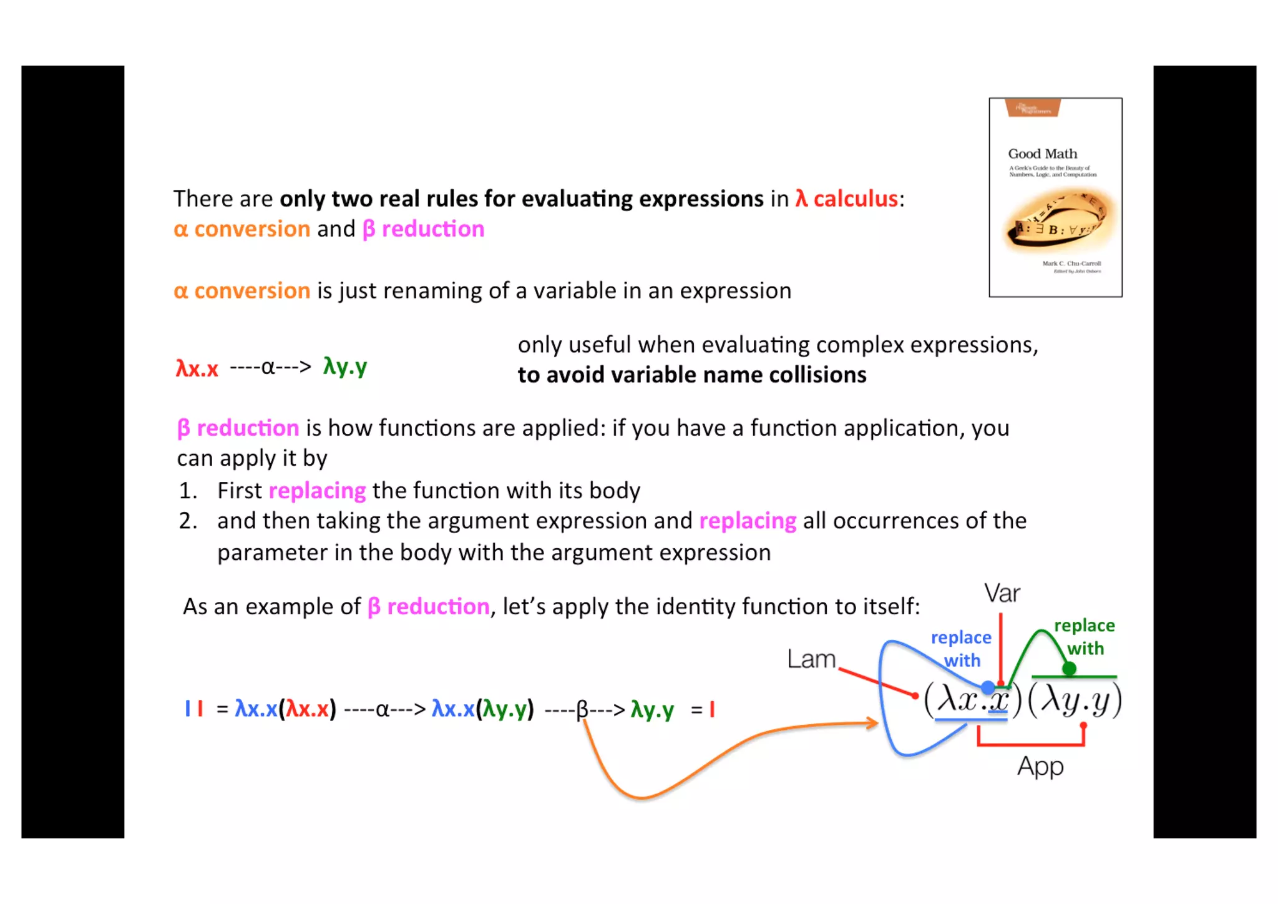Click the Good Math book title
point(1042,154)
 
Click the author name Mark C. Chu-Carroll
point(1071,263)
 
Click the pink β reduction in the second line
point(423,229)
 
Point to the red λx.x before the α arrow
point(197,368)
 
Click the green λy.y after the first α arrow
point(345,366)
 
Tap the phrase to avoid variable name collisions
point(691,375)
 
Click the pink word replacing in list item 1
point(317,491)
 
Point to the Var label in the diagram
point(1002,593)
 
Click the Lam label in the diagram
point(811,659)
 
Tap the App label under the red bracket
point(1040,766)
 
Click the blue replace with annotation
point(961,649)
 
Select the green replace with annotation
point(1085,637)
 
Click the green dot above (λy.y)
point(1069,669)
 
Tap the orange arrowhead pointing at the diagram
point(872,723)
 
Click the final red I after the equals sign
point(712,709)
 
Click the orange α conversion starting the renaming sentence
point(241,291)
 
